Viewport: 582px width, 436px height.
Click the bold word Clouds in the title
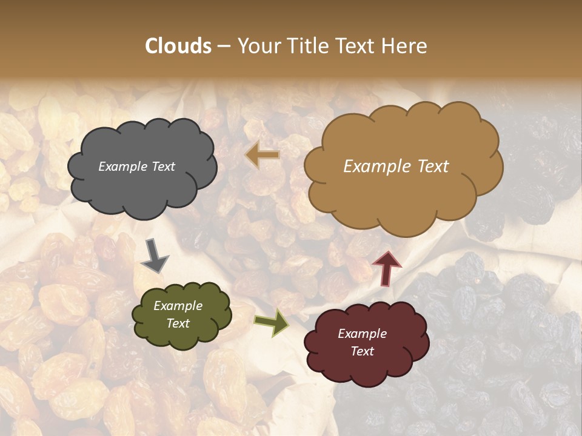click(x=178, y=46)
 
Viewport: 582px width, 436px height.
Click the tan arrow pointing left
click(x=263, y=155)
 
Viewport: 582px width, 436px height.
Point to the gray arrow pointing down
click(x=155, y=256)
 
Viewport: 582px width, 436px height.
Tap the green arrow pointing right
click(x=272, y=323)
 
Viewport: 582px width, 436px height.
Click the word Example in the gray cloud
click(x=123, y=167)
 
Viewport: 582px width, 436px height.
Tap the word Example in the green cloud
click(x=178, y=306)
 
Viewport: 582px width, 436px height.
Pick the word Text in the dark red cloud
click(x=362, y=351)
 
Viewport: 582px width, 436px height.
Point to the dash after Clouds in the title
click(x=224, y=47)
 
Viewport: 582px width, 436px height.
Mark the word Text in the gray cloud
click(x=162, y=167)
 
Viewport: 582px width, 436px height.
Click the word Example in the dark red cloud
click(x=362, y=334)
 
